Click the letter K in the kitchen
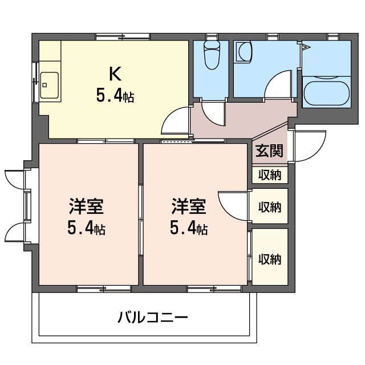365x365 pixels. [115, 74]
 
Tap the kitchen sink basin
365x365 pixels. [49, 85]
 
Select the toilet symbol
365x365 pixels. [212, 55]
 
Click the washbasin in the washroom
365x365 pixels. [244, 52]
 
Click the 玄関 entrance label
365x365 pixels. [269, 151]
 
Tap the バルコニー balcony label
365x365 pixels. [153, 317]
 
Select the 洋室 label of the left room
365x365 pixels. [86, 206]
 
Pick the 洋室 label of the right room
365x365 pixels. [189, 206]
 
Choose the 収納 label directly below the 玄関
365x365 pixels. [270, 175]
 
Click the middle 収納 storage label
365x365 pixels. [270, 206]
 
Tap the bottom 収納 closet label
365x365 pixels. [270, 259]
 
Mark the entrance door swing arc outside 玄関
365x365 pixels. [317, 154]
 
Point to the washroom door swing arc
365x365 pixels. [273, 79]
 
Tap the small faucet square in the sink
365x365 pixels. [44, 85]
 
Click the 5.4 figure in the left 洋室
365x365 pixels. [80, 228]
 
